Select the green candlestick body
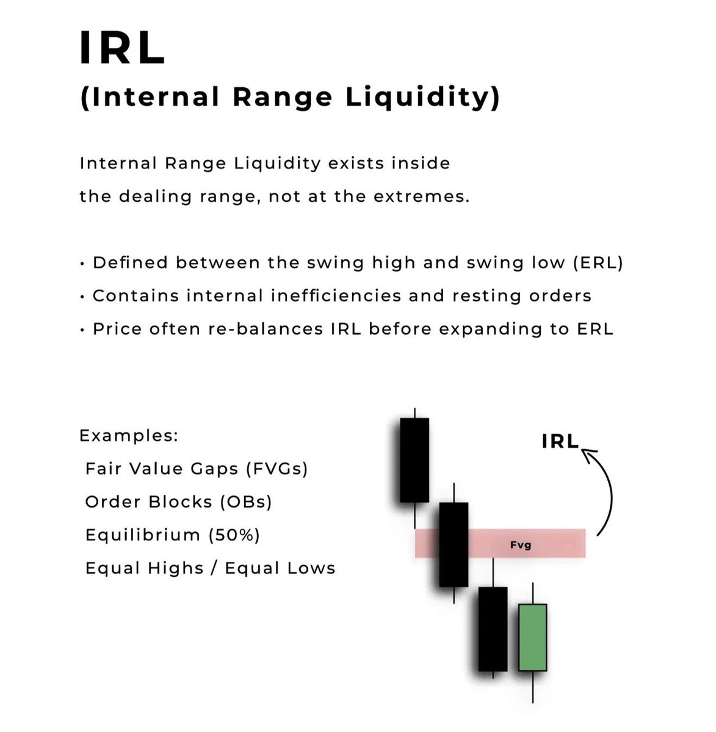[533, 637]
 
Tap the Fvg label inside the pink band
[521, 545]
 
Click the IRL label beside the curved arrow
[560, 442]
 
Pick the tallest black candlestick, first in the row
[414, 460]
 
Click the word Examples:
[129, 436]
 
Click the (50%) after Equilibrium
[234, 535]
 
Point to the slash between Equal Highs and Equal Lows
[214, 569]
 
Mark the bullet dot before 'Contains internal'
[82, 297]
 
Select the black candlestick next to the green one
[493, 628]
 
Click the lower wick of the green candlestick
[533, 686]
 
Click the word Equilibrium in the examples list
[143, 535]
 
